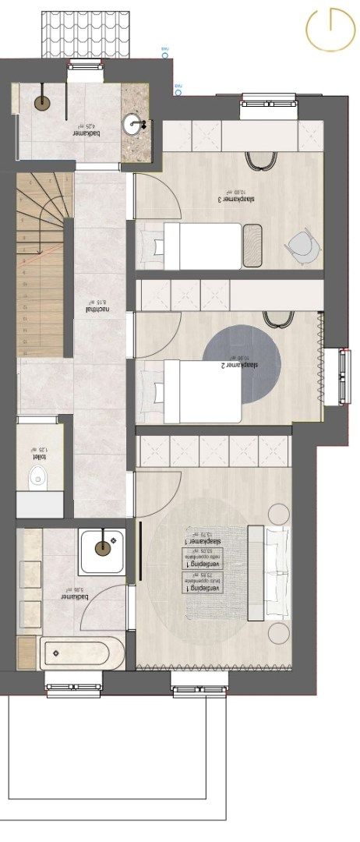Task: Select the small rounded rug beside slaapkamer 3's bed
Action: [x=253, y=246]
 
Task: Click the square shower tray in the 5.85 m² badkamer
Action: [x=102, y=549]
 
